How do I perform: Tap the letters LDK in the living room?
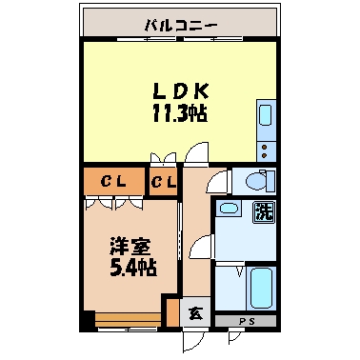tap(181, 91)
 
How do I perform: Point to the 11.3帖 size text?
tap(181, 112)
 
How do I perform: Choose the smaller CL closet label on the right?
tap(161, 181)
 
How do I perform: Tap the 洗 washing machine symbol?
tap(262, 212)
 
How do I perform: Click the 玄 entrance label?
tap(193, 310)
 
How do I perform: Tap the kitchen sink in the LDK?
tap(265, 120)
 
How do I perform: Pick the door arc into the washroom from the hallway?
tap(201, 250)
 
